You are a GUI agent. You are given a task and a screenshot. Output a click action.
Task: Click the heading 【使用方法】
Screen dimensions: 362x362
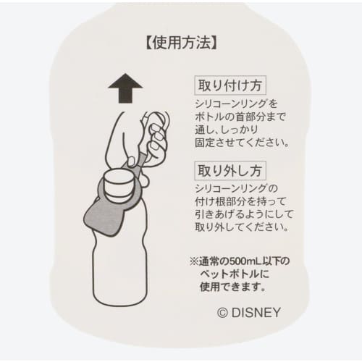[181, 43]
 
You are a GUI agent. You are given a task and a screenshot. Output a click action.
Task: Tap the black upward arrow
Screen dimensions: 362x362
[125, 88]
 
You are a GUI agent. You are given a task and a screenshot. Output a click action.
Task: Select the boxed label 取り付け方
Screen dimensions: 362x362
[230, 85]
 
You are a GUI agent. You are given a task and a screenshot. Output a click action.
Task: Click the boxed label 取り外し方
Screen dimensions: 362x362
[230, 171]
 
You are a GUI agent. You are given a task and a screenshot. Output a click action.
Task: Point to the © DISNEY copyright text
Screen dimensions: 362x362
[249, 313]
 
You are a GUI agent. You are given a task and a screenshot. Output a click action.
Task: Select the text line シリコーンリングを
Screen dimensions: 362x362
[237, 104]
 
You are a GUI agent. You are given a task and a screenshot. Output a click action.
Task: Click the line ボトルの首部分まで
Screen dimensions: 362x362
[240, 117]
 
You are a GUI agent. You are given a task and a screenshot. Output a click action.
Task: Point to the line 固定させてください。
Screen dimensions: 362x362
[242, 143]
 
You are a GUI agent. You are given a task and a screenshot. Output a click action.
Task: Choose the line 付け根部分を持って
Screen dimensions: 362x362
[240, 201]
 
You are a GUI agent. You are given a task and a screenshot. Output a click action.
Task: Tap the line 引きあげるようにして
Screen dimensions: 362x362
[244, 214]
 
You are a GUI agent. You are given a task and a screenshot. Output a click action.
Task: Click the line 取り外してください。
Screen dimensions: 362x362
[242, 227]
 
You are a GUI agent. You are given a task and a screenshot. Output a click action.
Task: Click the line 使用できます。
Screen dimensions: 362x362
[233, 287]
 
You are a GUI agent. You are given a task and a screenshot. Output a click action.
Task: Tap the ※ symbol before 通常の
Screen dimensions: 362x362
[194, 261]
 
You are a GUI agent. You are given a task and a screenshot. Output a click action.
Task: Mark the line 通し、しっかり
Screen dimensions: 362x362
[227, 130]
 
